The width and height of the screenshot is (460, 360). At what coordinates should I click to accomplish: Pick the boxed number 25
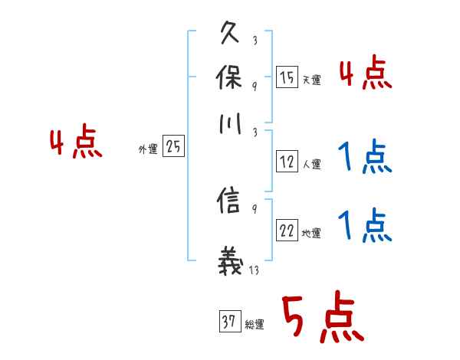coord(173,146)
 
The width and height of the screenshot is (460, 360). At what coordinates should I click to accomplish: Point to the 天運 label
coord(311,80)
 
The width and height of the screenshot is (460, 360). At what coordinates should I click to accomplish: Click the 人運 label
coord(311,164)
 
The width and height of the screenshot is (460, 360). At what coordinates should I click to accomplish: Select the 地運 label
coord(311,233)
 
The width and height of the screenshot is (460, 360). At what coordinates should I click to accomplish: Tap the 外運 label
coord(148,149)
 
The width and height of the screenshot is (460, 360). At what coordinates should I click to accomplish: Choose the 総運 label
coord(254,324)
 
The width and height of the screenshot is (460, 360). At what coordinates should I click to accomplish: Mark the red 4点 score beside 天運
coord(365,75)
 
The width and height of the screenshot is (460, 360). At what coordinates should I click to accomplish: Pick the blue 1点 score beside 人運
coord(365,159)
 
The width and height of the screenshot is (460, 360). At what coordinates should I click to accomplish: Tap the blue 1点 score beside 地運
coord(365,227)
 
